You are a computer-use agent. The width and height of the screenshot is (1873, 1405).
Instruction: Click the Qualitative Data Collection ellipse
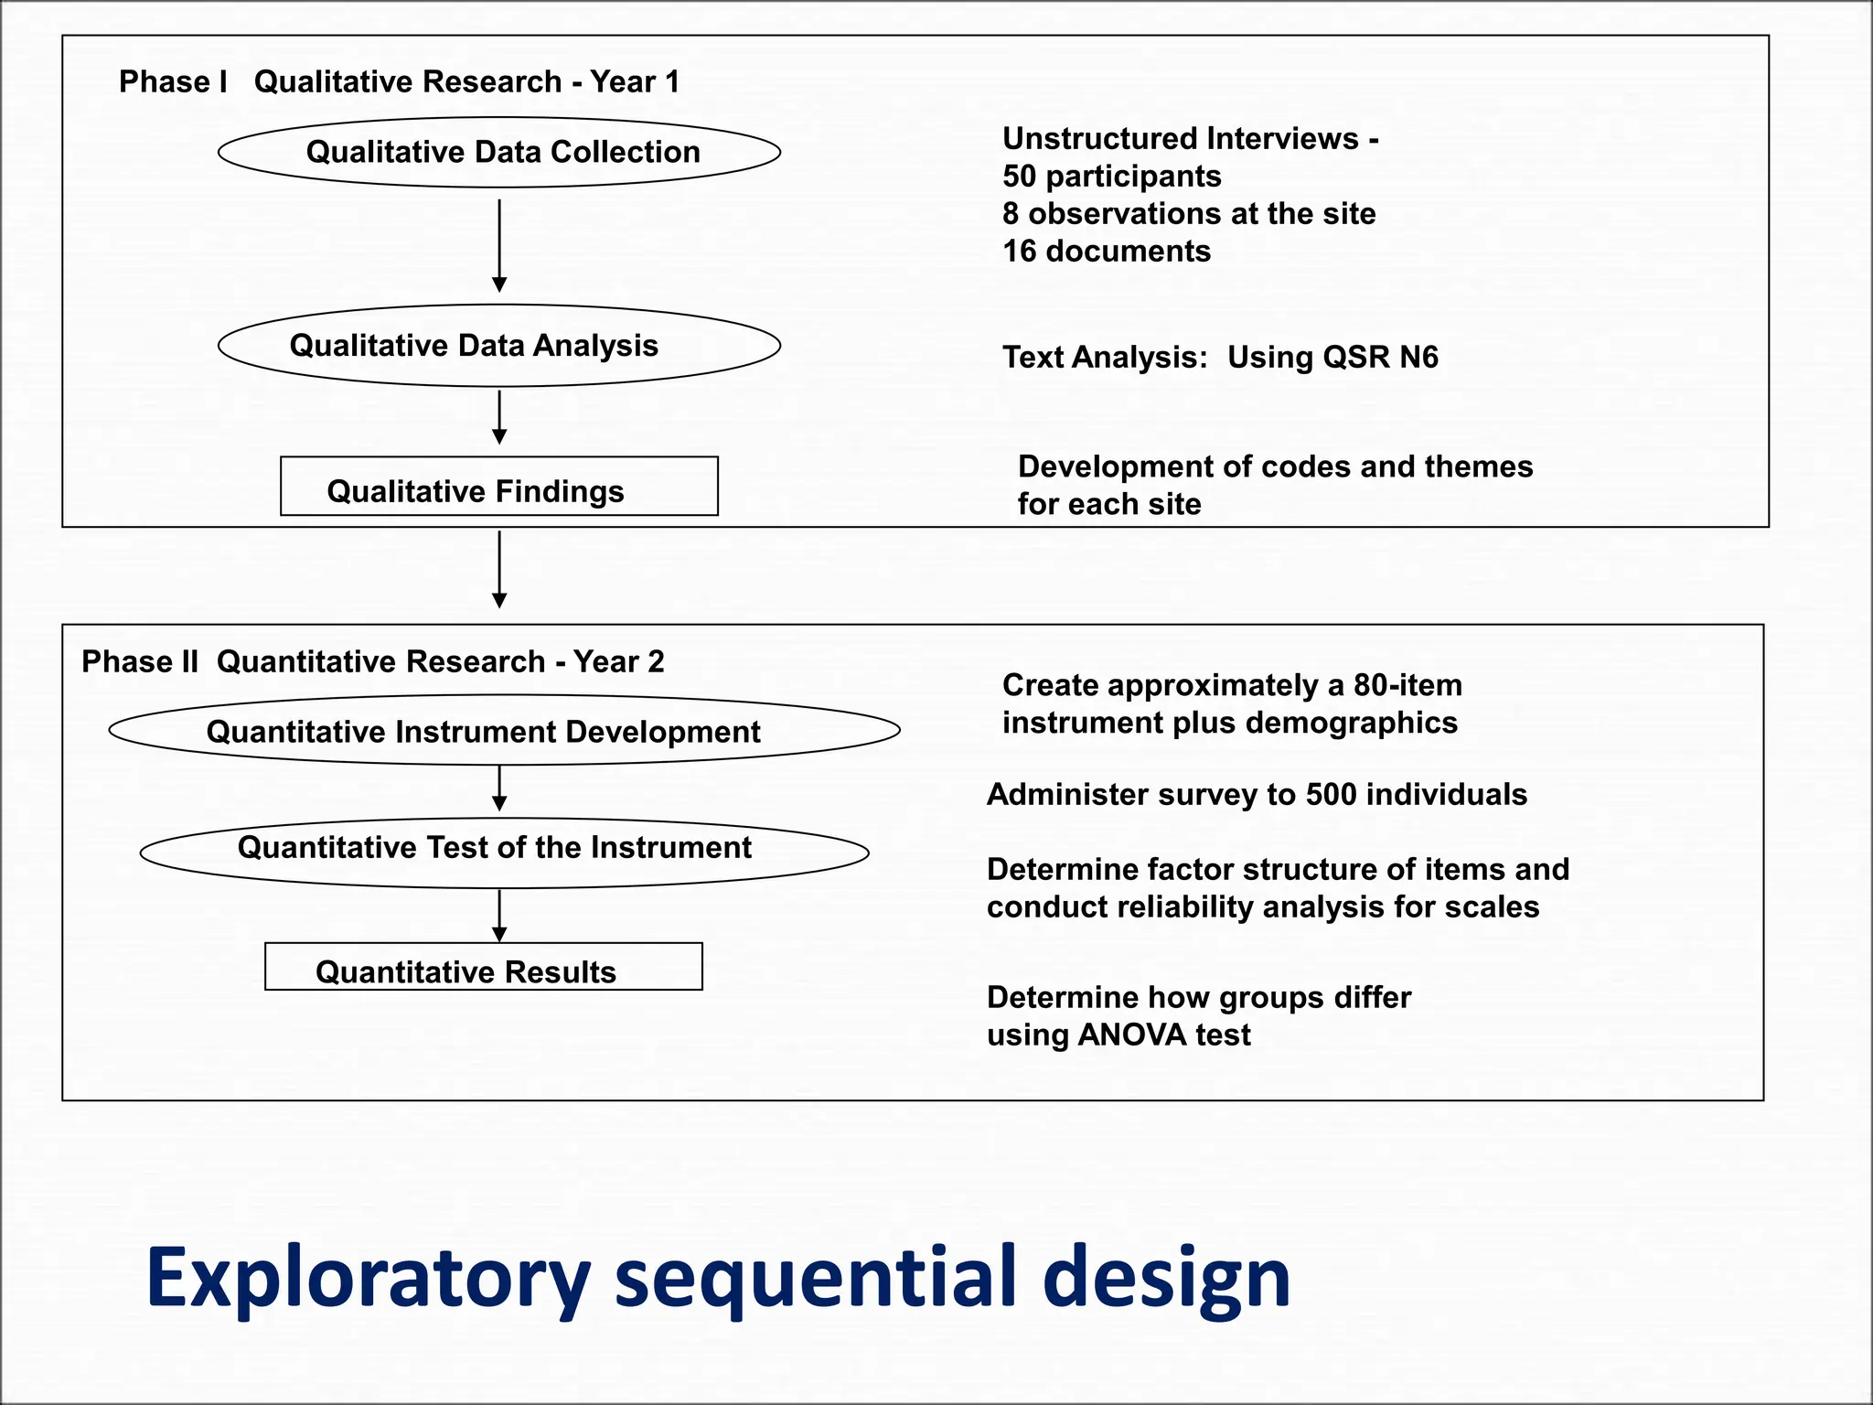(x=499, y=152)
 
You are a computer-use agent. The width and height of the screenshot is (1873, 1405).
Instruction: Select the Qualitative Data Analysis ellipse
(x=499, y=346)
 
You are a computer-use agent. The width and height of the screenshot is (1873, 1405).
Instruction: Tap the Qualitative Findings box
(x=499, y=487)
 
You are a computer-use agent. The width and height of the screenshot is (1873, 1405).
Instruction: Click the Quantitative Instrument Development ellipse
(x=504, y=730)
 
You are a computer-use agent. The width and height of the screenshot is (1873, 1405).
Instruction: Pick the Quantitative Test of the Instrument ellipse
(x=504, y=851)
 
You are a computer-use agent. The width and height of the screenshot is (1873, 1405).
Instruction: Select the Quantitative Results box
(x=484, y=967)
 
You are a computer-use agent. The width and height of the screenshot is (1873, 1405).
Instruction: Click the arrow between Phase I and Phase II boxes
(x=499, y=569)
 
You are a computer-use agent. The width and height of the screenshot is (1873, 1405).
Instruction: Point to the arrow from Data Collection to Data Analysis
(x=499, y=245)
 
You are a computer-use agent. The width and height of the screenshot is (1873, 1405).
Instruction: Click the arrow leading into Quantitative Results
(x=499, y=916)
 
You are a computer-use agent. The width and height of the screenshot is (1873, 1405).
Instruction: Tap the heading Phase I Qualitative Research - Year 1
(x=399, y=82)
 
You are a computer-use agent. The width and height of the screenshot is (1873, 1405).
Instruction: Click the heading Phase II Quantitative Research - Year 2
(x=372, y=661)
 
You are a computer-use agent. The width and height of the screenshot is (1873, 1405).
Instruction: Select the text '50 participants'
(x=1111, y=176)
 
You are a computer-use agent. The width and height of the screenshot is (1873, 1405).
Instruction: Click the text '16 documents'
(x=1106, y=251)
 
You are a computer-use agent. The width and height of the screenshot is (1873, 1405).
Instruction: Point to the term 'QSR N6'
(x=1379, y=357)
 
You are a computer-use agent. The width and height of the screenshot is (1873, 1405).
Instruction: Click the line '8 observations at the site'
(x=1188, y=213)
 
